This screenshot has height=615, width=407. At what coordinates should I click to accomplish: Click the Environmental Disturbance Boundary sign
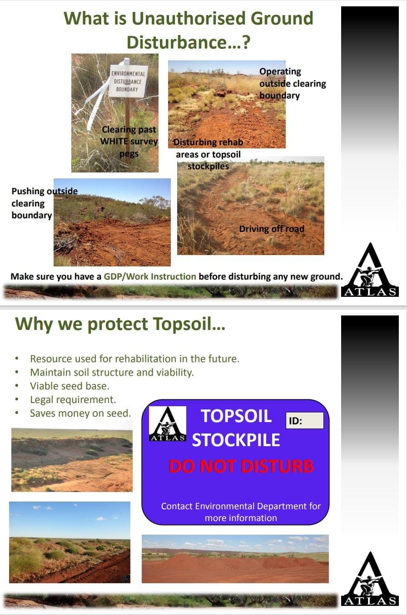(x=128, y=81)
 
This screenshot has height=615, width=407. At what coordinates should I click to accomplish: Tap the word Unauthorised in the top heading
(x=189, y=19)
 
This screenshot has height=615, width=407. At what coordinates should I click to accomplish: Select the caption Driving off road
(x=272, y=229)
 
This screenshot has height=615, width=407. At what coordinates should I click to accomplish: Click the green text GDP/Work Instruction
(x=150, y=276)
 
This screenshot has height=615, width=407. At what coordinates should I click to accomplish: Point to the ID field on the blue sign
(x=305, y=420)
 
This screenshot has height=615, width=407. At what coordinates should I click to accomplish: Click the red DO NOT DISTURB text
(x=241, y=466)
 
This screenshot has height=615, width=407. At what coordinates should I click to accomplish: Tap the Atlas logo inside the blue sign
(x=167, y=423)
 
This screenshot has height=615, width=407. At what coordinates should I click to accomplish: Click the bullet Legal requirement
(x=73, y=400)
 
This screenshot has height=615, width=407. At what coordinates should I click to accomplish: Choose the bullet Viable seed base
(x=69, y=386)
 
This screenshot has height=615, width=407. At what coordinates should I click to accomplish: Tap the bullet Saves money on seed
(x=80, y=413)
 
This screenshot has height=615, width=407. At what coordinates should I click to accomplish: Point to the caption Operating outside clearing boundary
(x=293, y=84)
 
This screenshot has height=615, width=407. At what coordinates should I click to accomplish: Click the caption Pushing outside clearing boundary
(x=45, y=203)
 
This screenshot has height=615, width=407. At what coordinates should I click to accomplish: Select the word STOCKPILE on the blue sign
(x=236, y=440)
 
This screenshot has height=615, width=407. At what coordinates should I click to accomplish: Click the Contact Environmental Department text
(x=241, y=512)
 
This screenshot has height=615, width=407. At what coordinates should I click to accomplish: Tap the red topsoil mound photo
(x=235, y=559)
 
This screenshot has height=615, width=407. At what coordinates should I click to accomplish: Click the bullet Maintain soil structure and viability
(x=112, y=373)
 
